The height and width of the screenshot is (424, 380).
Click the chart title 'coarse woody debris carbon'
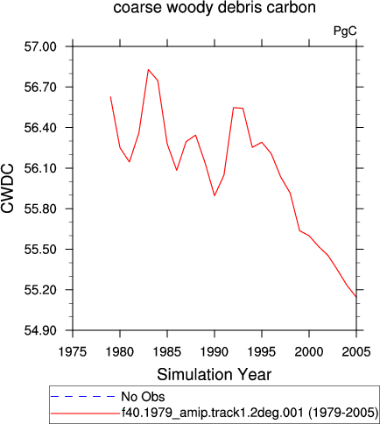click(215, 7)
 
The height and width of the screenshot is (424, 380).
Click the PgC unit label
click(345, 31)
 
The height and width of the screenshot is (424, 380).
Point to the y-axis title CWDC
click(7, 188)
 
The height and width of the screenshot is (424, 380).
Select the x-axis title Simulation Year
click(215, 374)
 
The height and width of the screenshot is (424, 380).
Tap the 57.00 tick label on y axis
click(40, 46)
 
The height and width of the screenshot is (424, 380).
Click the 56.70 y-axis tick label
click(40, 87)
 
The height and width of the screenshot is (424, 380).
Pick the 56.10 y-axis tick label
click(40, 168)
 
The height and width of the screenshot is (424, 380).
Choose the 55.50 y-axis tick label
click(40, 250)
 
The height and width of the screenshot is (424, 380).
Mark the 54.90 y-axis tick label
click(40, 330)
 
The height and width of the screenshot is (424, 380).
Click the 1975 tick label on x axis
click(73, 352)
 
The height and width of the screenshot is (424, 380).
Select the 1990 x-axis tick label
click(215, 352)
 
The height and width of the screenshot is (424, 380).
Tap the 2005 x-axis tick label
click(356, 352)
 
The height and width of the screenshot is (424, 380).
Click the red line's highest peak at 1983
click(148, 69)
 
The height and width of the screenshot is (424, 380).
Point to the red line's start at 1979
click(110, 96)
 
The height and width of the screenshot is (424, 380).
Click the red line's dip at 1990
click(215, 195)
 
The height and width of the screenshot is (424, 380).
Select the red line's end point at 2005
click(356, 297)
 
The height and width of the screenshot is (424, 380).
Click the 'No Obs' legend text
click(143, 397)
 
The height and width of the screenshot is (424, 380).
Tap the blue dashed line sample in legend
click(83, 396)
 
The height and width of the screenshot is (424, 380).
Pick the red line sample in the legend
click(85, 413)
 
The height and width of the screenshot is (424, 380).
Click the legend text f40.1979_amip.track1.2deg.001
click(213, 413)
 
